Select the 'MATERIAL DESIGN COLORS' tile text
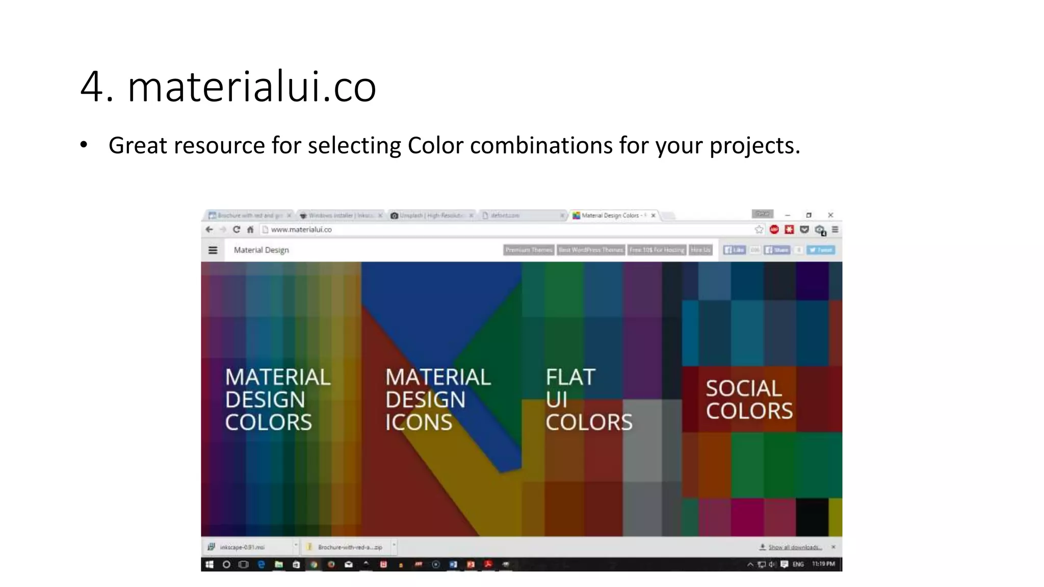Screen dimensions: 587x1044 [x=278, y=399]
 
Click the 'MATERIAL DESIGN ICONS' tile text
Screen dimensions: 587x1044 [x=437, y=399]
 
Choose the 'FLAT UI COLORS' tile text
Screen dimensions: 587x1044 [x=588, y=399]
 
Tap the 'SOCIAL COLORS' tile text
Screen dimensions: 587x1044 [x=749, y=399]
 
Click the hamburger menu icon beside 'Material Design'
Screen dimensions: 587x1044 [x=213, y=250]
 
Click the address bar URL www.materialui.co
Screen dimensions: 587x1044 [x=301, y=230]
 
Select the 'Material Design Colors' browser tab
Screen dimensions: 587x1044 [x=610, y=216]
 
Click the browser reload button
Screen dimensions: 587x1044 [x=237, y=230]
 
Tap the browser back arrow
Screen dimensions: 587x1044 [x=209, y=230]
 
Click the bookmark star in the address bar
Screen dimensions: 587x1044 [x=759, y=230]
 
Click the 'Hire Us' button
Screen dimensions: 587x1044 [x=700, y=250]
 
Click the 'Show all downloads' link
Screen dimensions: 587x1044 [x=794, y=547]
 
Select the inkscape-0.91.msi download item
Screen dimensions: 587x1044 [x=242, y=547]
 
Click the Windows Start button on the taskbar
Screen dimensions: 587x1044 [x=210, y=565]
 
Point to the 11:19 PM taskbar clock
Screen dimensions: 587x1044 [x=823, y=564]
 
